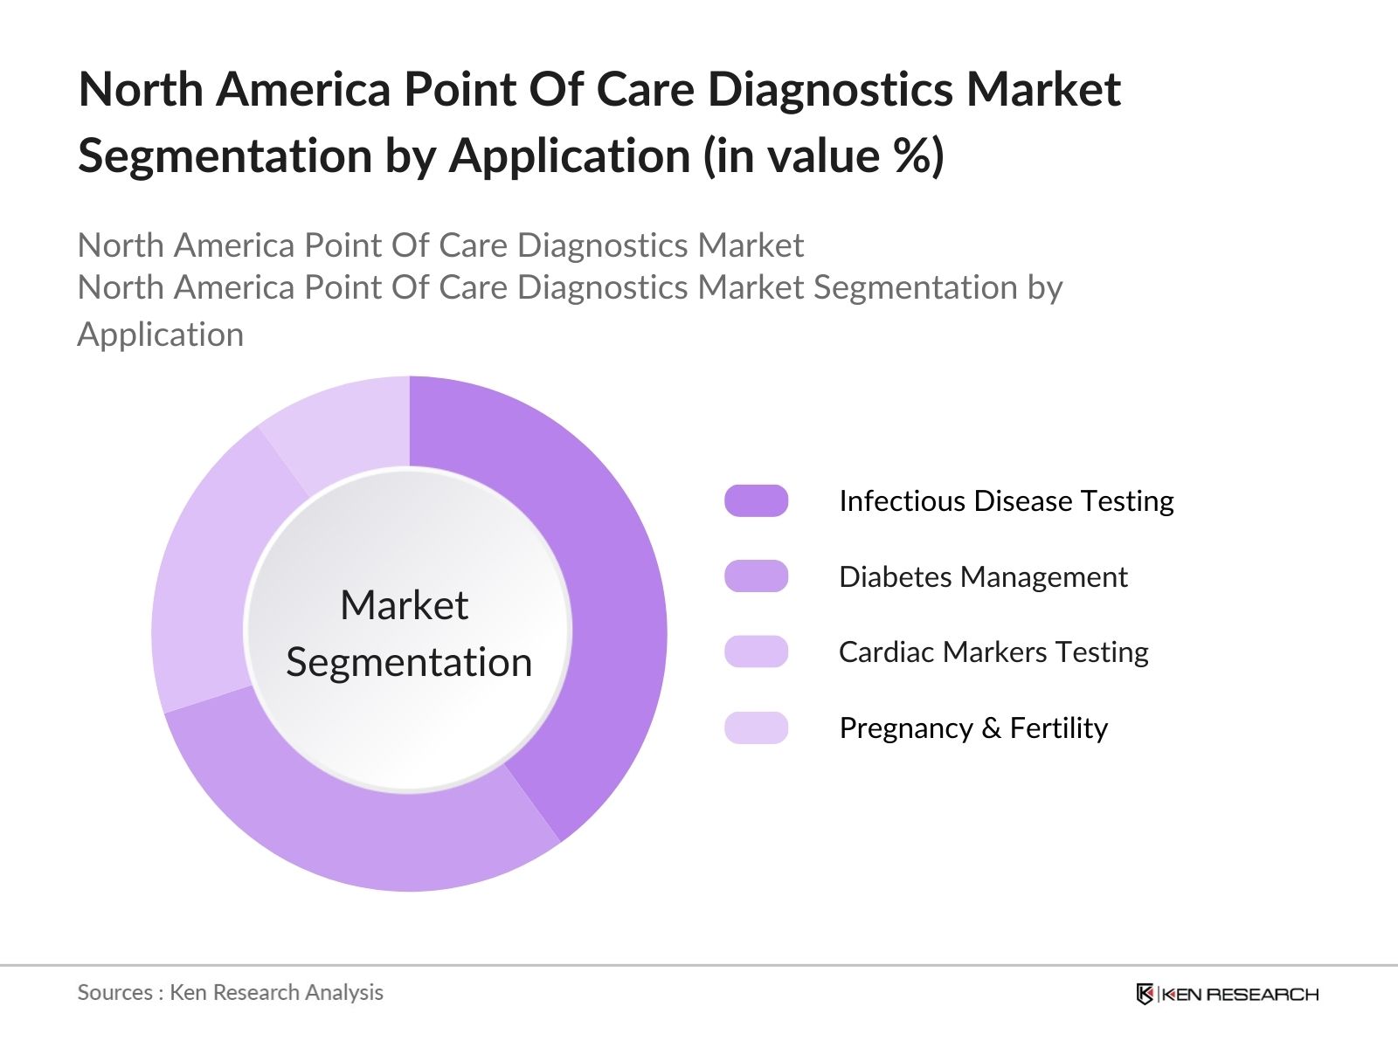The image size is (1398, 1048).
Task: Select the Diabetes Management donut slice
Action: coord(367,830)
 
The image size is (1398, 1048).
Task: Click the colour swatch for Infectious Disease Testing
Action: coord(756,501)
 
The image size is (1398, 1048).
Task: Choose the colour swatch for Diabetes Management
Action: coord(756,576)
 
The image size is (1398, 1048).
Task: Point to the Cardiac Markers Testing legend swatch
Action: coord(756,652)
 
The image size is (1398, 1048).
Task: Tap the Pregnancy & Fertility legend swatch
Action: coord(756,727)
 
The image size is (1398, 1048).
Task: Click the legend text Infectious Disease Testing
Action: coord(1006,501)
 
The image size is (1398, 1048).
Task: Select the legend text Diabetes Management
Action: coord(983,577)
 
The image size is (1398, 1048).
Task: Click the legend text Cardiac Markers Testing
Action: coord(993,652)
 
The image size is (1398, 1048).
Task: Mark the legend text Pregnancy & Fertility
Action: coord(973,728)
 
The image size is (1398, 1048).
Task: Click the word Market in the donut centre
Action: coord(405,605)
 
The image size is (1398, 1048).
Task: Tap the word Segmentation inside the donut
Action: coord(409,663)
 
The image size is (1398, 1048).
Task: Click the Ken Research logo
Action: coord(1227,994)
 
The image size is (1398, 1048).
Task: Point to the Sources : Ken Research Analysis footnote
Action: coord(231,993)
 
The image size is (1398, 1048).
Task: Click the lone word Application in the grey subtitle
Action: coord(161,334)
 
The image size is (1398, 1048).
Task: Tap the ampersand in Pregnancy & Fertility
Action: coord(991,728)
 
